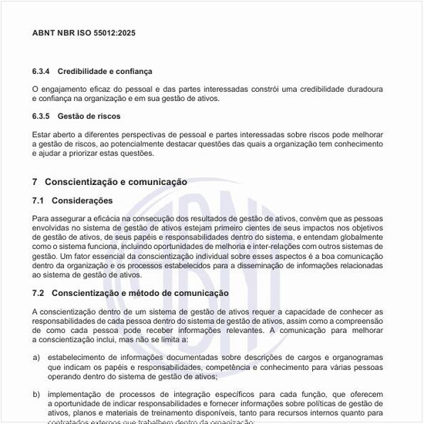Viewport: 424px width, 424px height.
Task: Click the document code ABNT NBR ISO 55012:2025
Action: click(x=84, y=33)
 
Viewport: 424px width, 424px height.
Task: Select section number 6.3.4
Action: click(x=42, y=71)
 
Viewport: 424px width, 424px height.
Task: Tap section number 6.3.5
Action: click(x=42, y=116)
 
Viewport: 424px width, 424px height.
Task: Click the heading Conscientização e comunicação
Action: click(x=116, y=182)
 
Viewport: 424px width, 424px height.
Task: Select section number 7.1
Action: click(x=39, y=200)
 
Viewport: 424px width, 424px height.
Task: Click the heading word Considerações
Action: click(x=82, y=200)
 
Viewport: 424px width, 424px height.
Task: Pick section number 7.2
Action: click(x=39, y=293)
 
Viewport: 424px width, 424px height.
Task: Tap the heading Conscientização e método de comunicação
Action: click(x=140, y=293)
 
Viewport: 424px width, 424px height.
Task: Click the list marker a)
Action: click(x=36, y=358)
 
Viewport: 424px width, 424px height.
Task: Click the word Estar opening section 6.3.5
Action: click(x=40, y=134)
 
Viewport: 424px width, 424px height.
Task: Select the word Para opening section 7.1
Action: click(x=40, y=219)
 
